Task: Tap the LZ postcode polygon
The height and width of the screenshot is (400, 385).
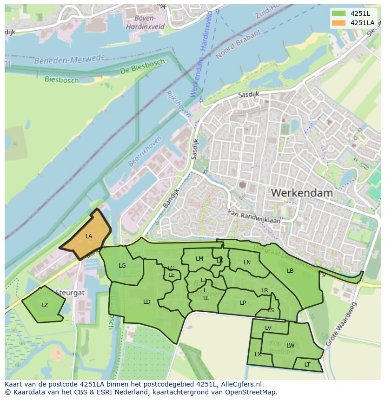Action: click(44, 305)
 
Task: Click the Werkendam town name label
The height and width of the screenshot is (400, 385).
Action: click(302, 192)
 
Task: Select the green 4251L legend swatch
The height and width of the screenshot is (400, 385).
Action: click(339, 13)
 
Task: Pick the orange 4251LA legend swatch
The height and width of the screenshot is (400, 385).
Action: click(339, 23)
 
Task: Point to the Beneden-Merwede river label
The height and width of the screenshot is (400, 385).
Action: click(70, 59)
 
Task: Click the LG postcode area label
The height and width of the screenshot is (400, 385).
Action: click(122, 266)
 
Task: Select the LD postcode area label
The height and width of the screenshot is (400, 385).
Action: click(147, 302)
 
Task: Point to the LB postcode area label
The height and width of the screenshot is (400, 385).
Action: click(290, 271)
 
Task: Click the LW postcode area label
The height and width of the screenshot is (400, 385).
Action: click(291, 345)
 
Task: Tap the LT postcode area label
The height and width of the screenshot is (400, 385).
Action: click(307, 365)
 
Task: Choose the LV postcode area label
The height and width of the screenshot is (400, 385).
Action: click(268, 328)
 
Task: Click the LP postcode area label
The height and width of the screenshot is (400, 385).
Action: click(243, 303)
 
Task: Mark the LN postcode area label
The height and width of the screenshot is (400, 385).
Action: click(247, 262)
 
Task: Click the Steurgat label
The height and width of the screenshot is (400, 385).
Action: click(70, 293)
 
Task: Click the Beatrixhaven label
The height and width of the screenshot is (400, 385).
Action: click(145, 151)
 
